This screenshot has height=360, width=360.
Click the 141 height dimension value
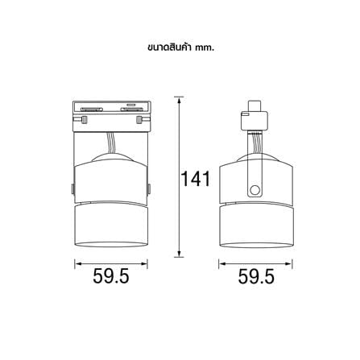tap(195, 179)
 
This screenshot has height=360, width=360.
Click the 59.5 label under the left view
tap(111, 276)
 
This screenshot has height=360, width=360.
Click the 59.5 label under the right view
tap(256, 276)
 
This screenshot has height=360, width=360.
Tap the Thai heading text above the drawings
tap(181, 48)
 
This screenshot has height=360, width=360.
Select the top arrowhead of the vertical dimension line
tap(179, 100)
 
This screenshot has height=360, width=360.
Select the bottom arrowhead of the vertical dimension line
tap(179, 254)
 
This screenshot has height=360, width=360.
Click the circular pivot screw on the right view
tap(254, 190)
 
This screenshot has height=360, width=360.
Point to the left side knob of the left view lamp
tap(72, 189)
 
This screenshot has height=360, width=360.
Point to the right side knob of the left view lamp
tap(149, 189)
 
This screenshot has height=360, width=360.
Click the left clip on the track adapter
tap(84, 119)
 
